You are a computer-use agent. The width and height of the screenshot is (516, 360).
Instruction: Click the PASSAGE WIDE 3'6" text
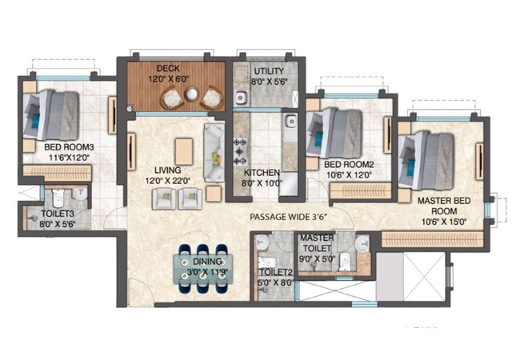coord(289,217)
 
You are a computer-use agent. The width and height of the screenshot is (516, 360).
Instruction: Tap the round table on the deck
coord(191,96)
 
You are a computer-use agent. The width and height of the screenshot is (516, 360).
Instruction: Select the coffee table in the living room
coord(184,150)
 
